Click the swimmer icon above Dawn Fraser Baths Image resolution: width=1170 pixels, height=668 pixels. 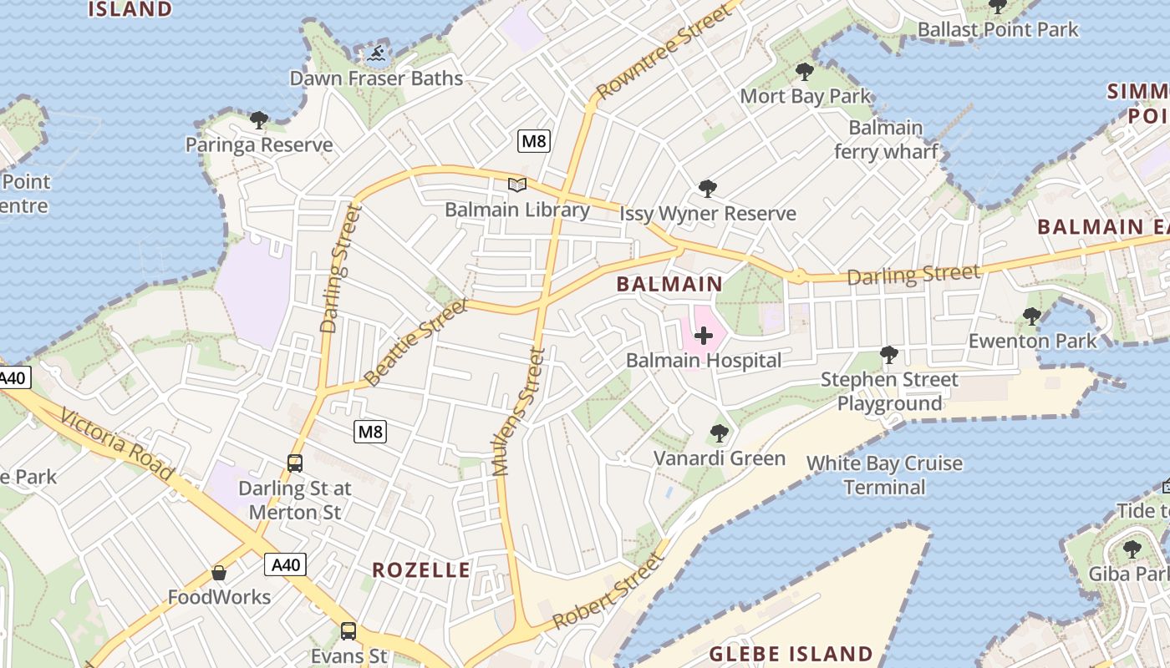click(377, 54)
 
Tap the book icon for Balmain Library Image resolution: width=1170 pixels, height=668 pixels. click(517, 185)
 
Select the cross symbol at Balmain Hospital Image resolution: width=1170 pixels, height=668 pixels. click(704, 336)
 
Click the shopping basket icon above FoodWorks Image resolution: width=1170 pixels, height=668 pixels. click(219, 573)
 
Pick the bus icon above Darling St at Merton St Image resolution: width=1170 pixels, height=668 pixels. click(294, 463)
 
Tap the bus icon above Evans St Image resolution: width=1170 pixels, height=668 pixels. click(348, 631)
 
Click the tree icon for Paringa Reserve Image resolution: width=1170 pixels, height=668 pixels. click(259, 120)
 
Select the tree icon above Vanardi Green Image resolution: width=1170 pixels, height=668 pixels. click(719, 433)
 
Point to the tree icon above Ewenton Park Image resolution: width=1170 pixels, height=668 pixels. click(1032, 316)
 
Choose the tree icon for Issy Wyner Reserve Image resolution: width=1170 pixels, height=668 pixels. click(708, 189)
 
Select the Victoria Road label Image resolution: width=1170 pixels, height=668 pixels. click(116, 446)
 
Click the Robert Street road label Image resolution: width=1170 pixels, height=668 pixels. click(608, 591)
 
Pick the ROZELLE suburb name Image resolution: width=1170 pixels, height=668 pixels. click(421, 570)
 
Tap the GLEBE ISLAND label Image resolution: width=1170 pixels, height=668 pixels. click(791, 654)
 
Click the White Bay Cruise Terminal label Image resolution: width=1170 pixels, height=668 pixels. click(884, 475)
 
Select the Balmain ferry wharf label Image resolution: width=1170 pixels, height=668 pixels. click(886, 139)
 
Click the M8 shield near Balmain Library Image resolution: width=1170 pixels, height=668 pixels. click(534, 141)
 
